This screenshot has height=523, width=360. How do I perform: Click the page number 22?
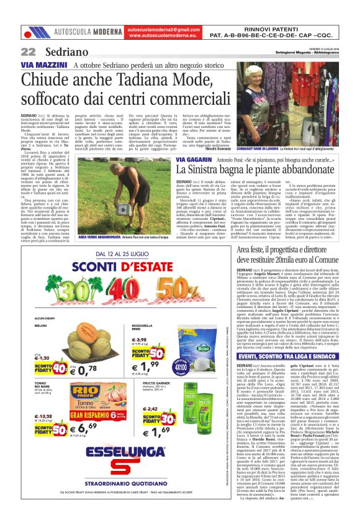28,52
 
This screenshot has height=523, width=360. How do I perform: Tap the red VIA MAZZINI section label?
43,65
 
